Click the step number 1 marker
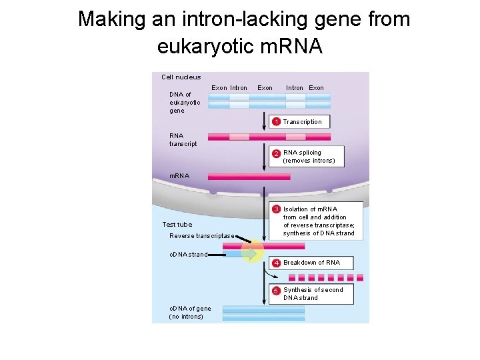[276, 122]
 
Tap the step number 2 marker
[276, 153]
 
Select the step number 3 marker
[276, 209]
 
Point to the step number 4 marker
[276, 263]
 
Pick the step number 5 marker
[276, 290]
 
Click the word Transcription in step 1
[302, 122]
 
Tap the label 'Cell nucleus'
[181, 77]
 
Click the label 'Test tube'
[177, 225]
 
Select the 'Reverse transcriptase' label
[202, 236]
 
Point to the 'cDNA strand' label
[189, 255]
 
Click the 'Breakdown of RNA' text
[311, 263]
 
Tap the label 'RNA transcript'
[183, 140]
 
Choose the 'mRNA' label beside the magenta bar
[179, 176]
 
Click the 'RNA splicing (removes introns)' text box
[309, 157]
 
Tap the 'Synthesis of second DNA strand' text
[313, 294]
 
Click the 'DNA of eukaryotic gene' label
[185, 103]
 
